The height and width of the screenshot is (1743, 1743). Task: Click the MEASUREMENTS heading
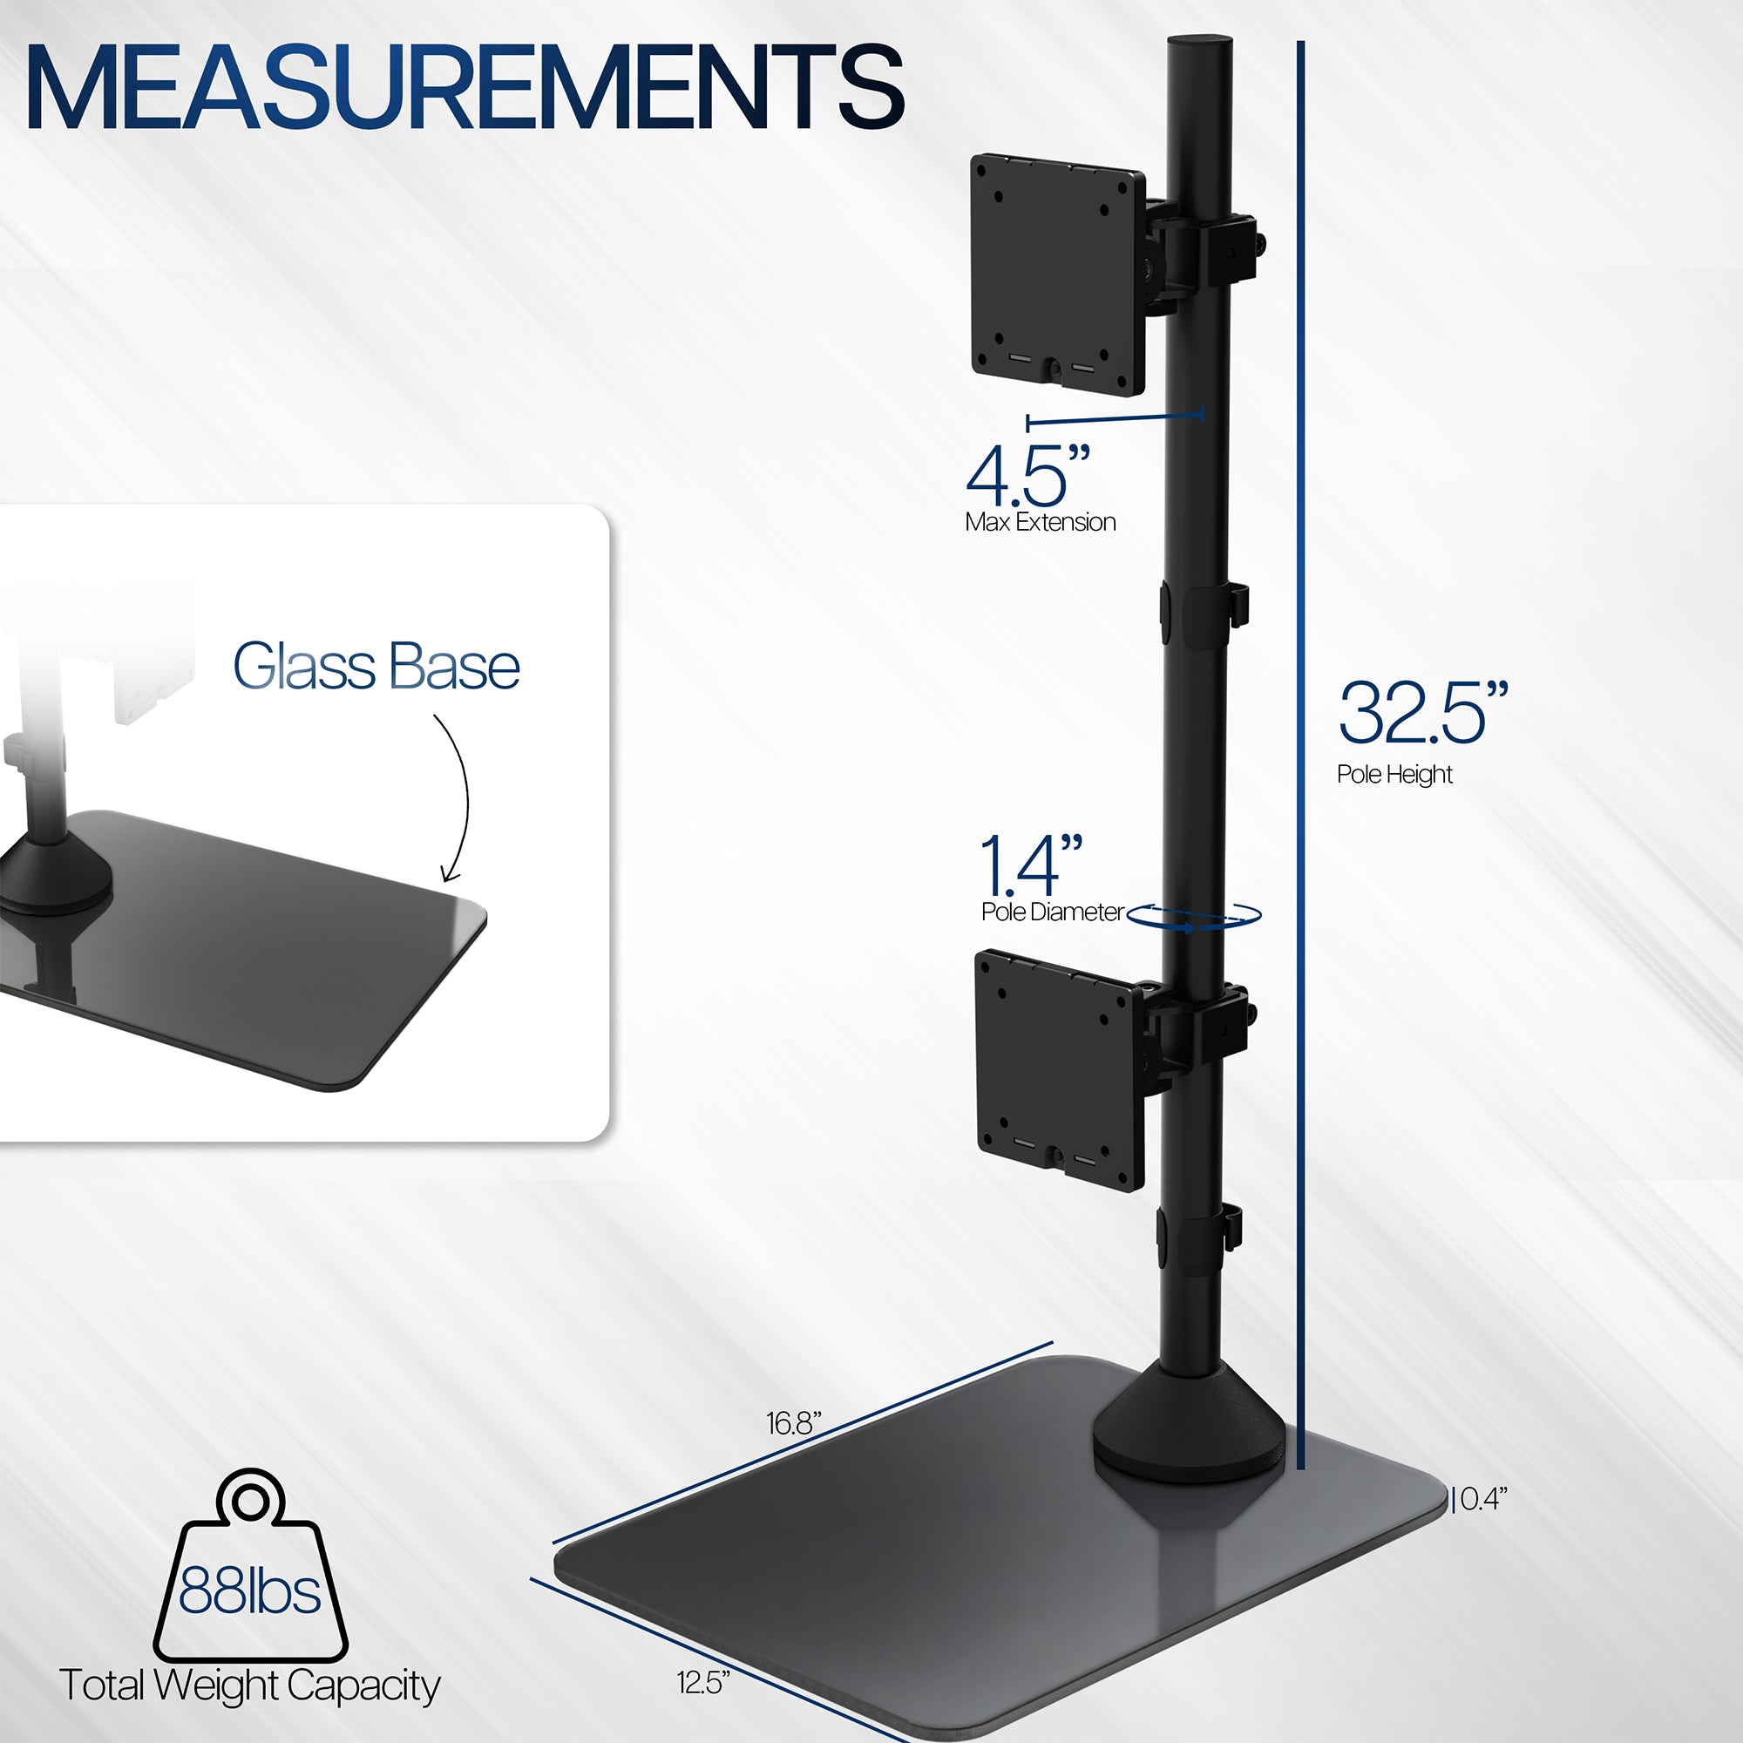point(465,88)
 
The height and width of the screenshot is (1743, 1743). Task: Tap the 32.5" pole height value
point(1421,714)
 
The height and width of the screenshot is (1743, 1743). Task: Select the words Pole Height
point(1394,774)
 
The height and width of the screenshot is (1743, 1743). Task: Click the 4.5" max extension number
point(1027,476)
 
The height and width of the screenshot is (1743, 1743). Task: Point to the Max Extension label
point(1040,522)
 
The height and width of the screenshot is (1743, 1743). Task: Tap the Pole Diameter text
point(1052,912)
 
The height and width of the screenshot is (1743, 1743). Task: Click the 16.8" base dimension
point(793,1423)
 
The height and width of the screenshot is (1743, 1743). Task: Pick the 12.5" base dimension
point(702,1682)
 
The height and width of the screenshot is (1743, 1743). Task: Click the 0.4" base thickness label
point(1483,1498)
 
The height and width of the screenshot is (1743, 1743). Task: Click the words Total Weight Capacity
point(249,1685)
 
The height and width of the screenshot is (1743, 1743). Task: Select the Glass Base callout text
point(376,667)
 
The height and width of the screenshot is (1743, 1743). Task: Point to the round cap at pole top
point(1199,43)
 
